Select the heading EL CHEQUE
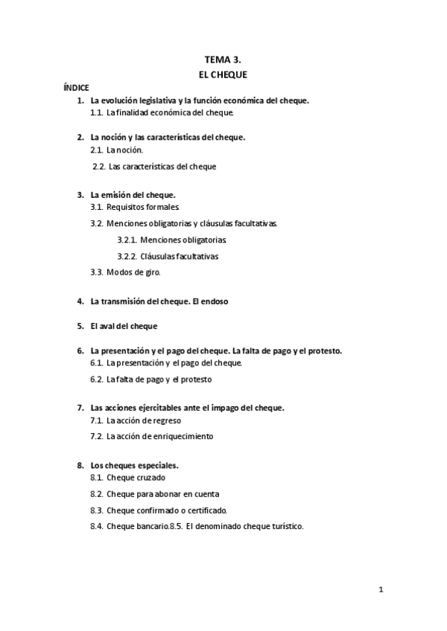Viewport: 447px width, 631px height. [223, 74]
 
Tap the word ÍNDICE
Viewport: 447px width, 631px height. [76, 88]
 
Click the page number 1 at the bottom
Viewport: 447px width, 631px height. [380, 590]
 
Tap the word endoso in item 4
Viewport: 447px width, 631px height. [214, 301]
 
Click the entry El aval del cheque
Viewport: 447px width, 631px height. [124, 326]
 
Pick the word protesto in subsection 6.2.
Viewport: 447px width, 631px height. [198, 379]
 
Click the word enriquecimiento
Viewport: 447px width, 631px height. [185, 436]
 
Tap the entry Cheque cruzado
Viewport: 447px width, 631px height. [136, 478]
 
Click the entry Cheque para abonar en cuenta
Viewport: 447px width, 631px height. [163, 493]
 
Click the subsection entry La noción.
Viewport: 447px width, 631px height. [124, 150]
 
